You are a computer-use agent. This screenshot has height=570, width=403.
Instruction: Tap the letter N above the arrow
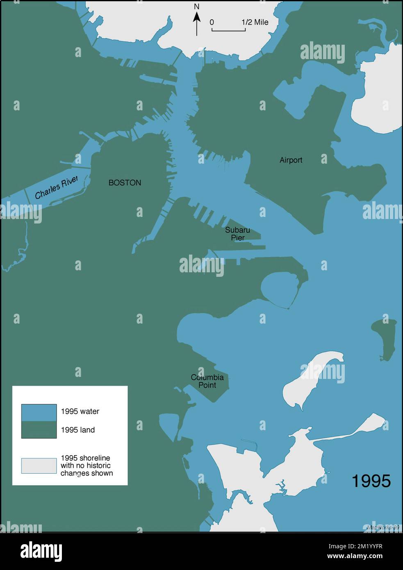[x=197, y=7]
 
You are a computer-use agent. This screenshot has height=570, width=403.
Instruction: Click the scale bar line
[x=228, y=30]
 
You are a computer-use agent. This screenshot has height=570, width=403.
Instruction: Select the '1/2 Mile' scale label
[x=255, y=22]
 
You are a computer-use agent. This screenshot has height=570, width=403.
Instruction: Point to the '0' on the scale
[x=212, y=22]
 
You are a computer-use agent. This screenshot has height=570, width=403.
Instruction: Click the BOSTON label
[x=125, y=183]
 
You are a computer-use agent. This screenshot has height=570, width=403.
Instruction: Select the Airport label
[x=291, y=160]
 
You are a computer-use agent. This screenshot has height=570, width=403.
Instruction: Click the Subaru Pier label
[x=237, y=234]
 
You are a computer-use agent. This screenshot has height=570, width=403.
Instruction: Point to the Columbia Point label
[x=207, y=381]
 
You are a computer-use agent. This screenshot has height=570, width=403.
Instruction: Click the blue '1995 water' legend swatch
[x=39, y=413]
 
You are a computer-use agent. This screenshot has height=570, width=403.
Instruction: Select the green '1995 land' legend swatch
[x=39, y=430]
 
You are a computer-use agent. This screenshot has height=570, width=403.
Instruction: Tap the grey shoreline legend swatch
[x=39, y=466]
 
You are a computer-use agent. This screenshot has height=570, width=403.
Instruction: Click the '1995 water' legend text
[x=80, y=411]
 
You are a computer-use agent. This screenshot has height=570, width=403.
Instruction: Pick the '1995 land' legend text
[x=77, y=430]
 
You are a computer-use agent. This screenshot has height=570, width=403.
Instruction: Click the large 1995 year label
[x=371, y=481]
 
